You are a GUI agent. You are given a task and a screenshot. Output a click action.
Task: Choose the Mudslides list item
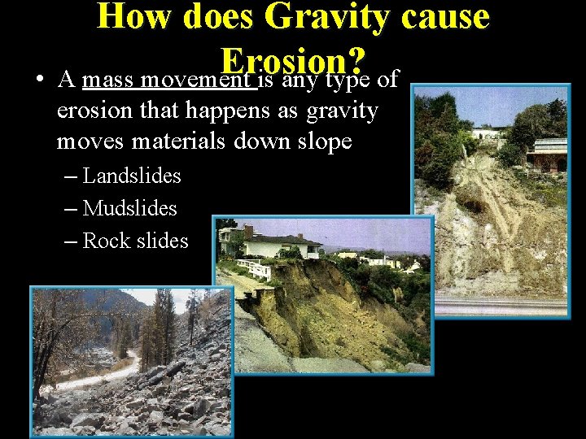click(129, 208)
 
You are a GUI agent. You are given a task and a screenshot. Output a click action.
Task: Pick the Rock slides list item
click(135, 241)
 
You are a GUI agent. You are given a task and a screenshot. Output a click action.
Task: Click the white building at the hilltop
click(488, 133)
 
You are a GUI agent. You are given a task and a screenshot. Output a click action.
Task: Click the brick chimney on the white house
click(248, 232)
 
